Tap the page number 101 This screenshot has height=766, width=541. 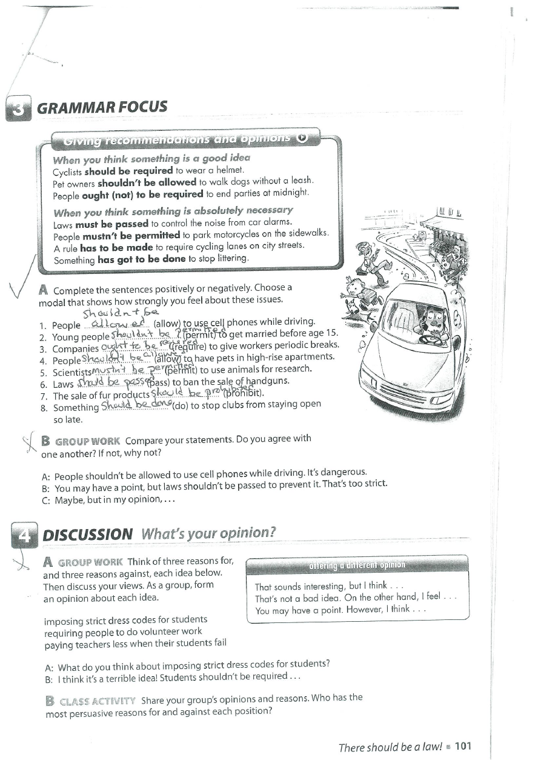(x=462, y=747)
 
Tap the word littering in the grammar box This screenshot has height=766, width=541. (x=233, y=259)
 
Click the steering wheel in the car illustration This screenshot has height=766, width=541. (x=431, y=339)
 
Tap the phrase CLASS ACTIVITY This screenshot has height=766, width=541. (x=98, y=701)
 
